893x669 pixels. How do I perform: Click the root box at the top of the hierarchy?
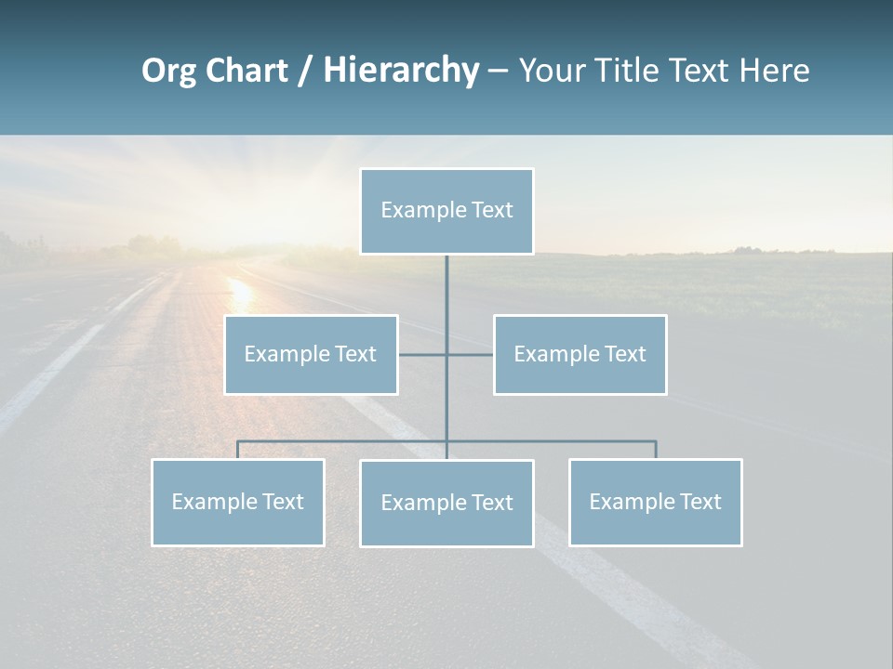446,211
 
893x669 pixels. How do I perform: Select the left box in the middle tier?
311,354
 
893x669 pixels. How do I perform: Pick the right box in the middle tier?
580,354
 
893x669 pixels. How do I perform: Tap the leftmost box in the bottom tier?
237,502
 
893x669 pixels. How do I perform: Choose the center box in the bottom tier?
446,503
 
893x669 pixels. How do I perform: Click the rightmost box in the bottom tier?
655,502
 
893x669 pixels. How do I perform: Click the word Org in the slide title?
168,71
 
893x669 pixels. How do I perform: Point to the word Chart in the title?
247,71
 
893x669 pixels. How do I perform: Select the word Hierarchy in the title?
400,71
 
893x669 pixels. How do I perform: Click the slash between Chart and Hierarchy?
305,71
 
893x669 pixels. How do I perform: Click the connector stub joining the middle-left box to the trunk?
422,354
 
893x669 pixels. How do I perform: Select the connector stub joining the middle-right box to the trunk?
471,354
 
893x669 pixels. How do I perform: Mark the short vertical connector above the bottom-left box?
237,450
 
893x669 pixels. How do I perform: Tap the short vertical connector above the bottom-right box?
656,450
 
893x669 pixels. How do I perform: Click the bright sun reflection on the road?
241,292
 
